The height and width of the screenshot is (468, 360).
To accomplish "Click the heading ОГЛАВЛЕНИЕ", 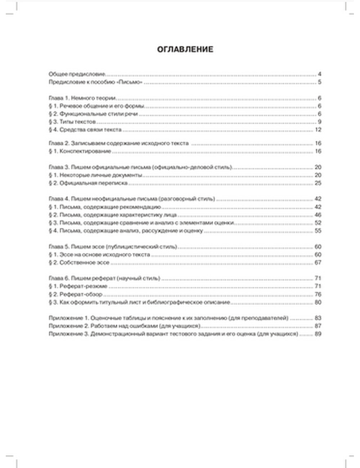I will coord(185,49).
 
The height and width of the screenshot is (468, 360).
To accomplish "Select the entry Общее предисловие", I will coord(77,74).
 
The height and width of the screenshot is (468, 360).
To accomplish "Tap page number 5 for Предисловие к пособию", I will coord(319,82).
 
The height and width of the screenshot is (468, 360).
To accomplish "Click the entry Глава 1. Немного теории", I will coord(82,98).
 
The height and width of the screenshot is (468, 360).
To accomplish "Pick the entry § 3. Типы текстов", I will coord(72,122).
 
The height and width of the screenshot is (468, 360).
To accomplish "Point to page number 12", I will coord(318,130).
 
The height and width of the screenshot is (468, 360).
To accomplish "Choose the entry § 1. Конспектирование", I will coord(80,151).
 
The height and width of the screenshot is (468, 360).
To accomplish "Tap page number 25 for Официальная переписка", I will coord(318,183).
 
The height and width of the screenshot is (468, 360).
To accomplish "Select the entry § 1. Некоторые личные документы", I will coord(95,175).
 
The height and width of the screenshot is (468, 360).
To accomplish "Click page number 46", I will coord(318,215).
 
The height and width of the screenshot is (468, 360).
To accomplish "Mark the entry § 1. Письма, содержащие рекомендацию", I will coord(105,207).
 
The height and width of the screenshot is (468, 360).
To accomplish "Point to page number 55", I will coord(318,231).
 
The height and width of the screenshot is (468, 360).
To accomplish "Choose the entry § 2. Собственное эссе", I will coord(79,262).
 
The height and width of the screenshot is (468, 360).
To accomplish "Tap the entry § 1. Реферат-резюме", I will coord(78,286).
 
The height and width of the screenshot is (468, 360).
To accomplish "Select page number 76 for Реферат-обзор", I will coord(318,294).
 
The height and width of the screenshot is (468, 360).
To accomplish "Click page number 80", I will coord(318,302).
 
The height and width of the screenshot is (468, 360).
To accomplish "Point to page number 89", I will coord(318,334).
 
